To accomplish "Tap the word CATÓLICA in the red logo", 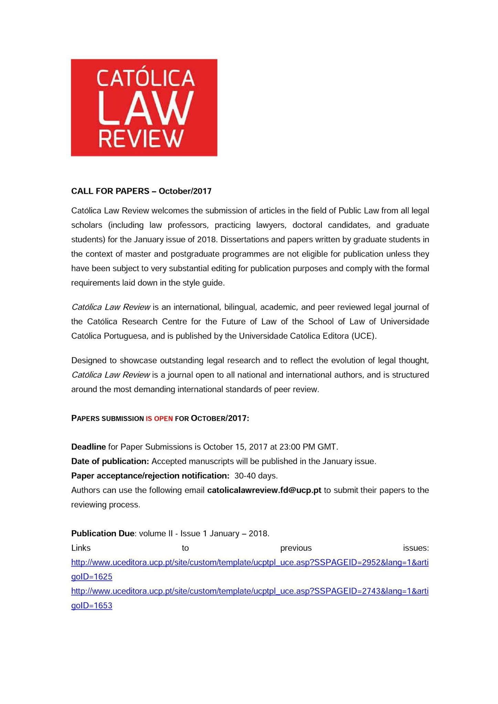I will [x=146, y=78].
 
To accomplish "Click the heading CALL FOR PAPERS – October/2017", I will [x=141, y=191].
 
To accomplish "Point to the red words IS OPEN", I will [x=159, y=419].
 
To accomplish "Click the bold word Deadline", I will [x=88, y=447].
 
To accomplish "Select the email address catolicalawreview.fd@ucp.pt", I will [x=264, y=490].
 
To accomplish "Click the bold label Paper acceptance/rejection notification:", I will [x=150, y=476].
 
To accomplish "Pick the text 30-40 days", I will [x=256, y=476].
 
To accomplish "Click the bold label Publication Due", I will [x=103, y=533].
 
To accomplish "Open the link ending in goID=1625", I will [x=250, y=563].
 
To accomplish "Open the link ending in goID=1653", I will [x=250, y=591].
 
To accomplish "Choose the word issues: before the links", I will [x=416, y=548].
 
